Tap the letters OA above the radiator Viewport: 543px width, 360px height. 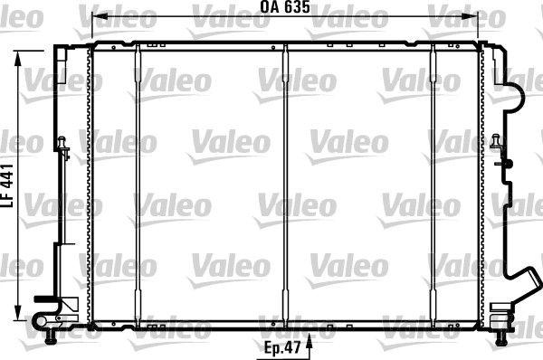(x=269, y=7)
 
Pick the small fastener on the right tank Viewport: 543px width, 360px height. (x=497, y=143)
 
